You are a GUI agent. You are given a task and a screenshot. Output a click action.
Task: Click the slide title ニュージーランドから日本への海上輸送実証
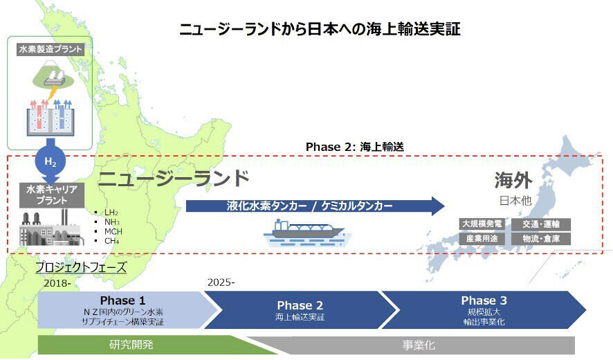pos(320,29)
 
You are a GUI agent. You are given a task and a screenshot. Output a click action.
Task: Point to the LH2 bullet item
pos(111,212)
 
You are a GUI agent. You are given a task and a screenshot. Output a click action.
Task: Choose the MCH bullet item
pos(113,231)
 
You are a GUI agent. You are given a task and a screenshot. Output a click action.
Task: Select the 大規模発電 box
pos(483,224)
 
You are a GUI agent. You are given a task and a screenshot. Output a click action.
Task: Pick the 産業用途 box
pos(483,238)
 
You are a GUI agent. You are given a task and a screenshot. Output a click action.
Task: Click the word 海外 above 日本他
pos(513,181)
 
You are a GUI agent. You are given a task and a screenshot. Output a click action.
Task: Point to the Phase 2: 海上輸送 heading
pos(354,147)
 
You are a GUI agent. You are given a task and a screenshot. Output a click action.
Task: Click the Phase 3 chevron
pos(484,309)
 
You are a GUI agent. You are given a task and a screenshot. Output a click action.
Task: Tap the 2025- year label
pos(221,282)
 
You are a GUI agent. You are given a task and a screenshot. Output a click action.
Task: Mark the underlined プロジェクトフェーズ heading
pos(81,267)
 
